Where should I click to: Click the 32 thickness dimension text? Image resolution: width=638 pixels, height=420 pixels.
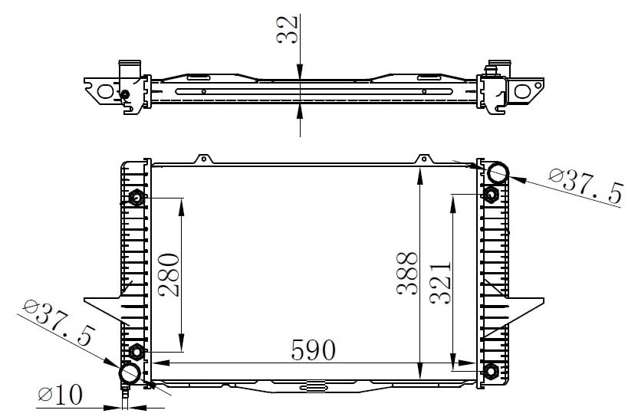coord(288,29)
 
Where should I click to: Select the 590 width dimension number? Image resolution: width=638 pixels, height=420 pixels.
coord(314,349)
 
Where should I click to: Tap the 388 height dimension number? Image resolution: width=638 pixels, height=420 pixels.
coord(407,273)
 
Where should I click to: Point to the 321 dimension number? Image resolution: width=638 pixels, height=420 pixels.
coord(441,283)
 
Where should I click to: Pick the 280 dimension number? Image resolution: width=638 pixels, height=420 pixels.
coord(169,275)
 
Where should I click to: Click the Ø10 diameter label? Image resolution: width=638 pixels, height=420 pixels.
coord(61,394)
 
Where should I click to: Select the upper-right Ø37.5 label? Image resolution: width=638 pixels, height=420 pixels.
coord(586,186)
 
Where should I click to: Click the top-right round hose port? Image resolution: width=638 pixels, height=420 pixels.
coord(498,172)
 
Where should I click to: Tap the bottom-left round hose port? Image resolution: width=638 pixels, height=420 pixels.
coord(130,372)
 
